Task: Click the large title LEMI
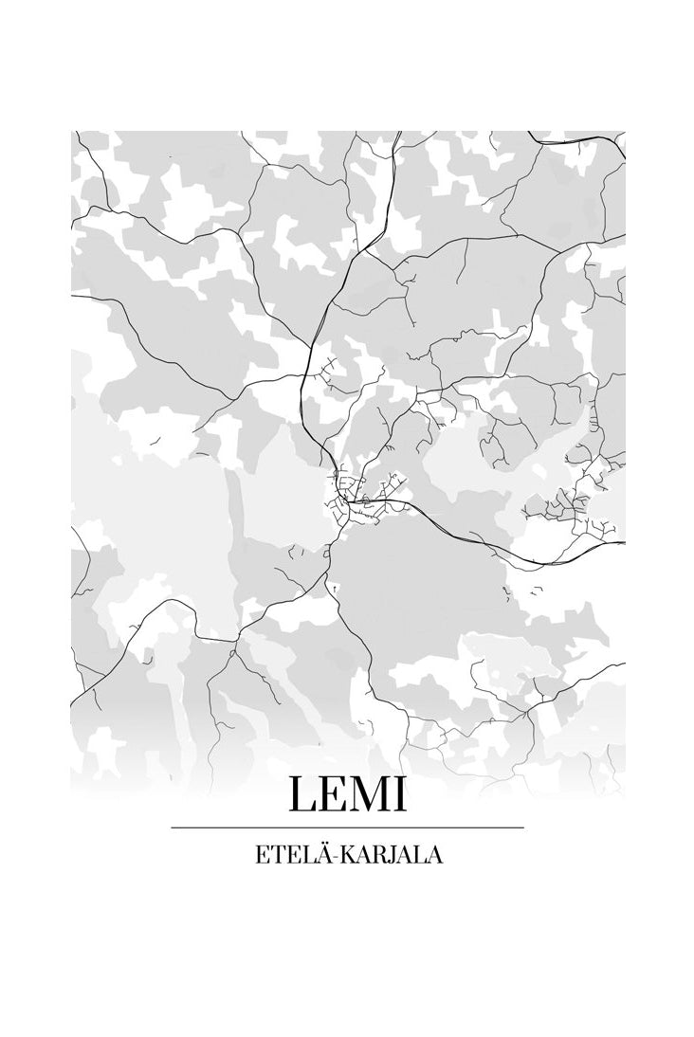click(x=347, y=794)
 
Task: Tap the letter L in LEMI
click(x=302, y=794)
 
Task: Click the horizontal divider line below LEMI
click(x=347, y=828)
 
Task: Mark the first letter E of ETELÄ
click(x=261, y=855)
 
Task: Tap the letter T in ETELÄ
click(x=275, y=855)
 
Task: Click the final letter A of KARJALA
click(x=433, y=855)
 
